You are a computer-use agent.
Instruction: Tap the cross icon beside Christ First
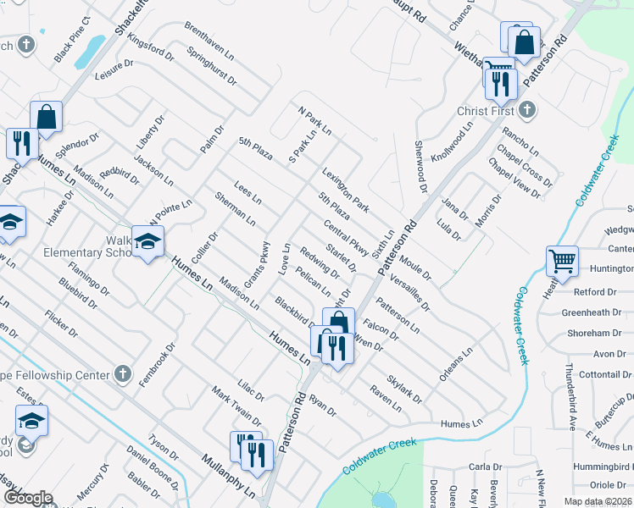[527, 110]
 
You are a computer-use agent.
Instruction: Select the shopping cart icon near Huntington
[563, 262]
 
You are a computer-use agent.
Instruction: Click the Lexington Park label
[346, 190]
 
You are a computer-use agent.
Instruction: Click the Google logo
[28, 497]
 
